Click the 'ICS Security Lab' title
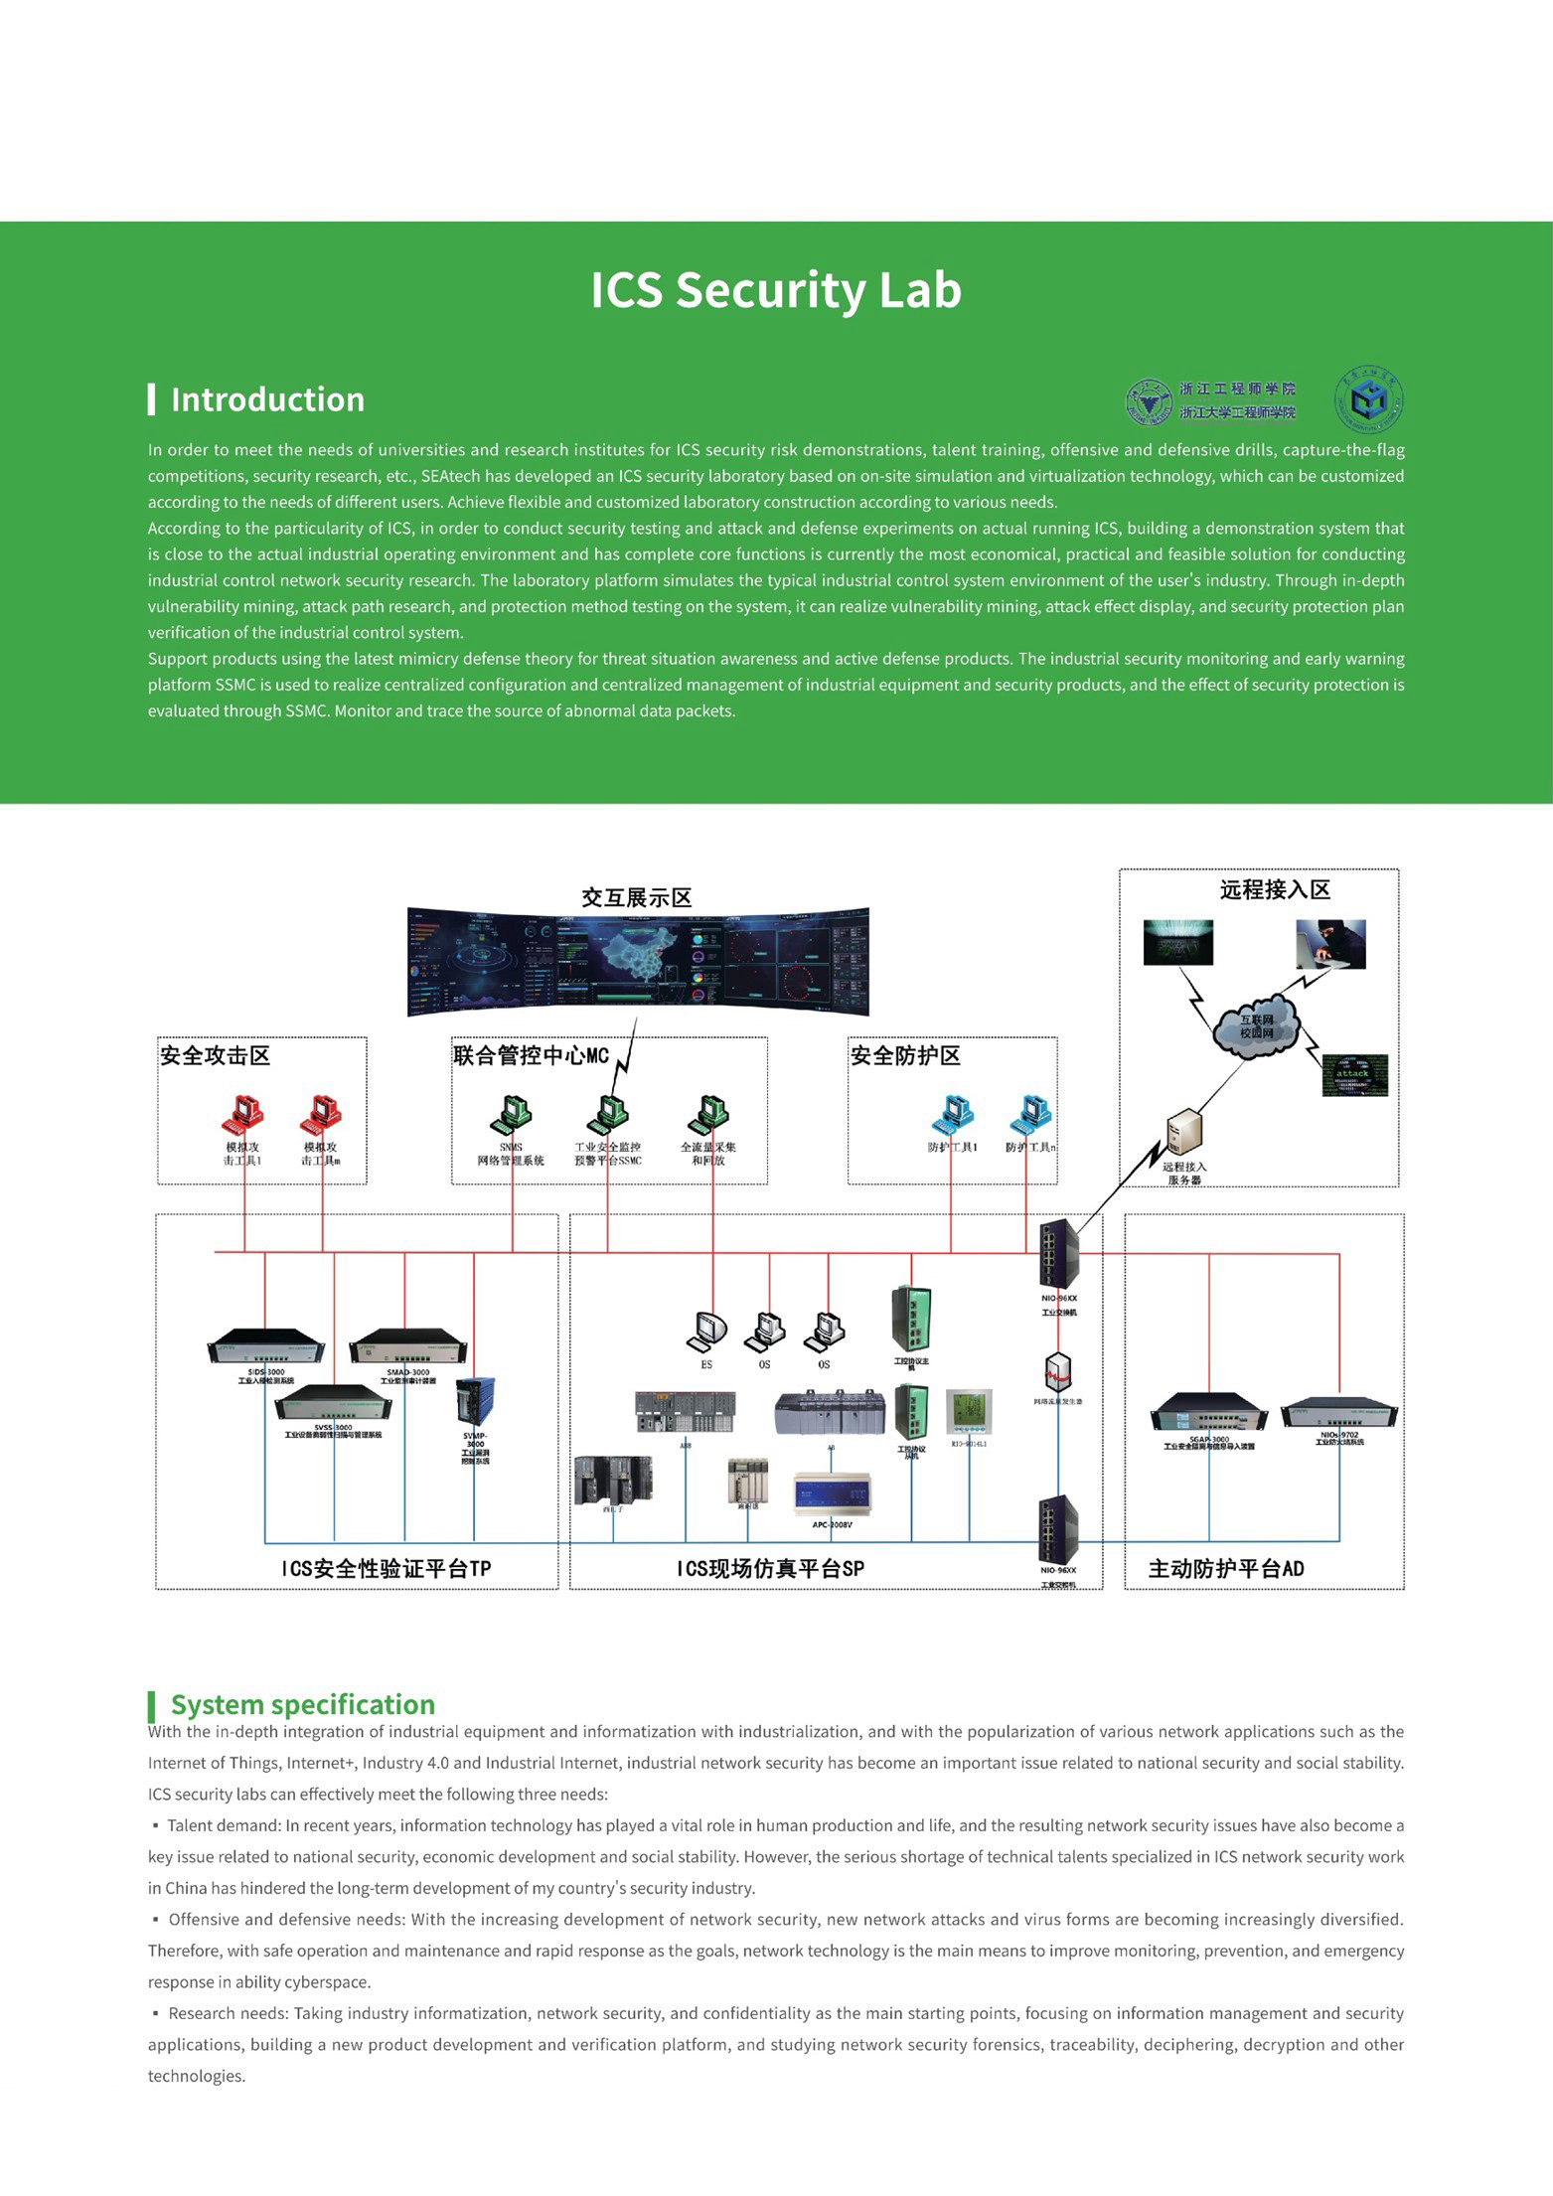[x=776, y=290]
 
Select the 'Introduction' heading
[x=267, y=399]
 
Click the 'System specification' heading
[x=302, y=1704]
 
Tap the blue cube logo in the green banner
[x=1368, y=399]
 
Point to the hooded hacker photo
[x=1329, y=944]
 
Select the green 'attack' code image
[x=1354, y=1074]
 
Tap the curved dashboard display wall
[x=638, y=961]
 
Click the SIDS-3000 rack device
[x=266, y=1347]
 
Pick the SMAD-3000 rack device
[x=408, y=1347]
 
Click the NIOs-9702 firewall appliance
[x=1338, y=1414]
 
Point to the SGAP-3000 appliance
[x=1209, y=1414]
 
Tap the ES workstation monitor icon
[x=705, y=1331]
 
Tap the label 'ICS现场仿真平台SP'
[x=770, y=1569]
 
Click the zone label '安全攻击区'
[x=215, y=1055]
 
